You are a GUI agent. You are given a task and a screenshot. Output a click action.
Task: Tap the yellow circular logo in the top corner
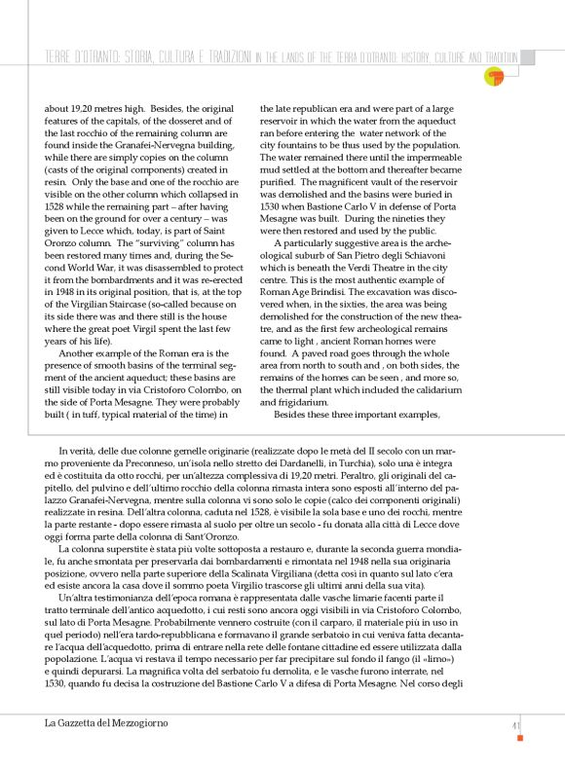(x=495, y=76)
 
